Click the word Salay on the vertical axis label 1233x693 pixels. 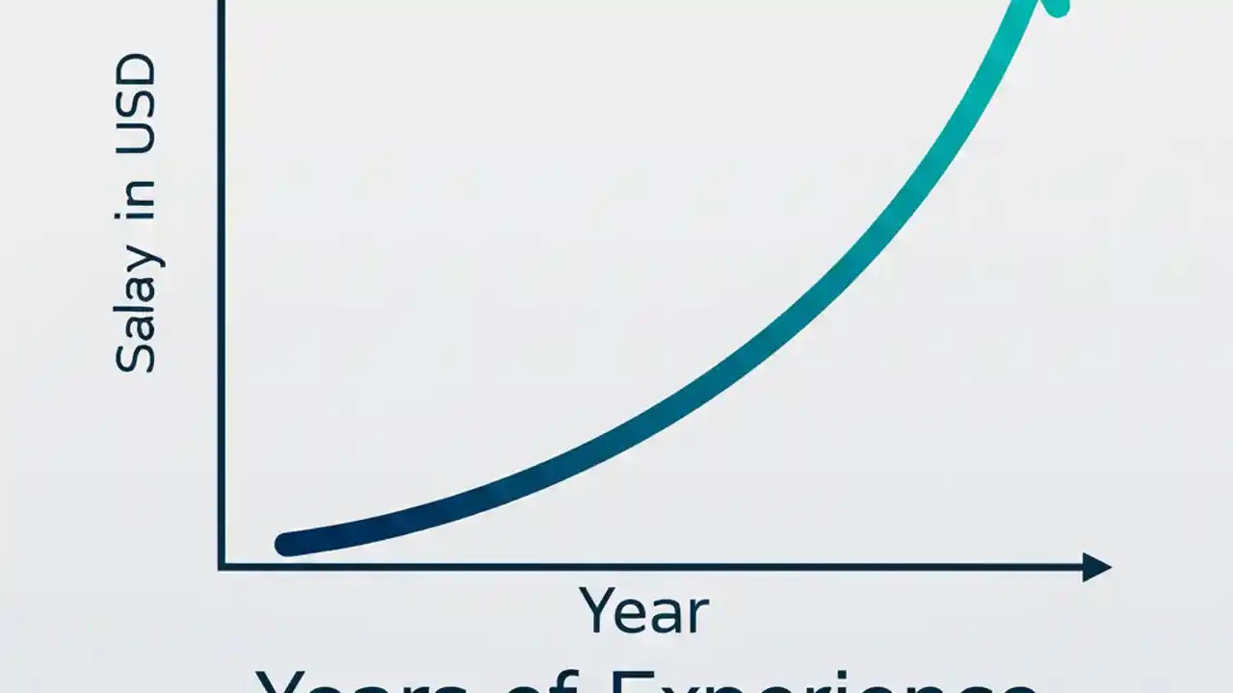[x=135, y=308]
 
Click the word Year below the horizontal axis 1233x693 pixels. [x=643, y=610]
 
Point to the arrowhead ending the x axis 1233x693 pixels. [x=1098, y=567]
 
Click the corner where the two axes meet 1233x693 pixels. [x=223, y=567]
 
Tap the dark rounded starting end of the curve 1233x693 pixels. [x=287, y=544]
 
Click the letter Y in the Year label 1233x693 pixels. [x=597, y=608]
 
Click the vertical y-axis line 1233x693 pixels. [x=223, y=289]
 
